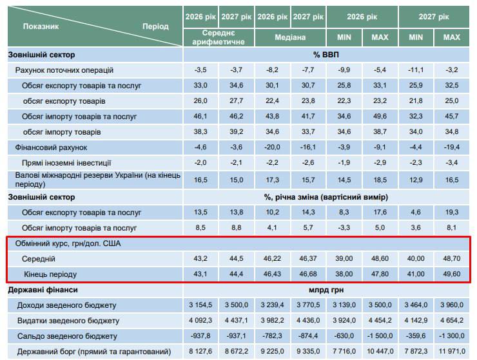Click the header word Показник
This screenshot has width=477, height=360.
click(x=41, y=26)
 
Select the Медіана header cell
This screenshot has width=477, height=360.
click(x=290, y=37)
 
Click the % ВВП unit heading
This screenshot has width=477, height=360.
click(x=326, y=54)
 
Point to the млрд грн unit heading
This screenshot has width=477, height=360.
click(x=326, y=290)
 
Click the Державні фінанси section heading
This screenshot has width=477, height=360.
click(x=44, y=290)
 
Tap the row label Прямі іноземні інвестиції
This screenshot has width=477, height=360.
click(x=66, y=163)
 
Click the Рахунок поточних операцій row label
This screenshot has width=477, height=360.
click(x=64, y=70)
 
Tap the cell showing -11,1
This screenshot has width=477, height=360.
click(x=416, y=70)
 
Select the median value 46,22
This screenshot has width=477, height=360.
click(x=272, y=258)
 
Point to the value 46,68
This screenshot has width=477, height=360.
click(x=308, y=274)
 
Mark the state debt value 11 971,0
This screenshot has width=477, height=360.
click(x=452, y=352)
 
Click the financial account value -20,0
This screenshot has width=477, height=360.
click(x=272, y=147)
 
